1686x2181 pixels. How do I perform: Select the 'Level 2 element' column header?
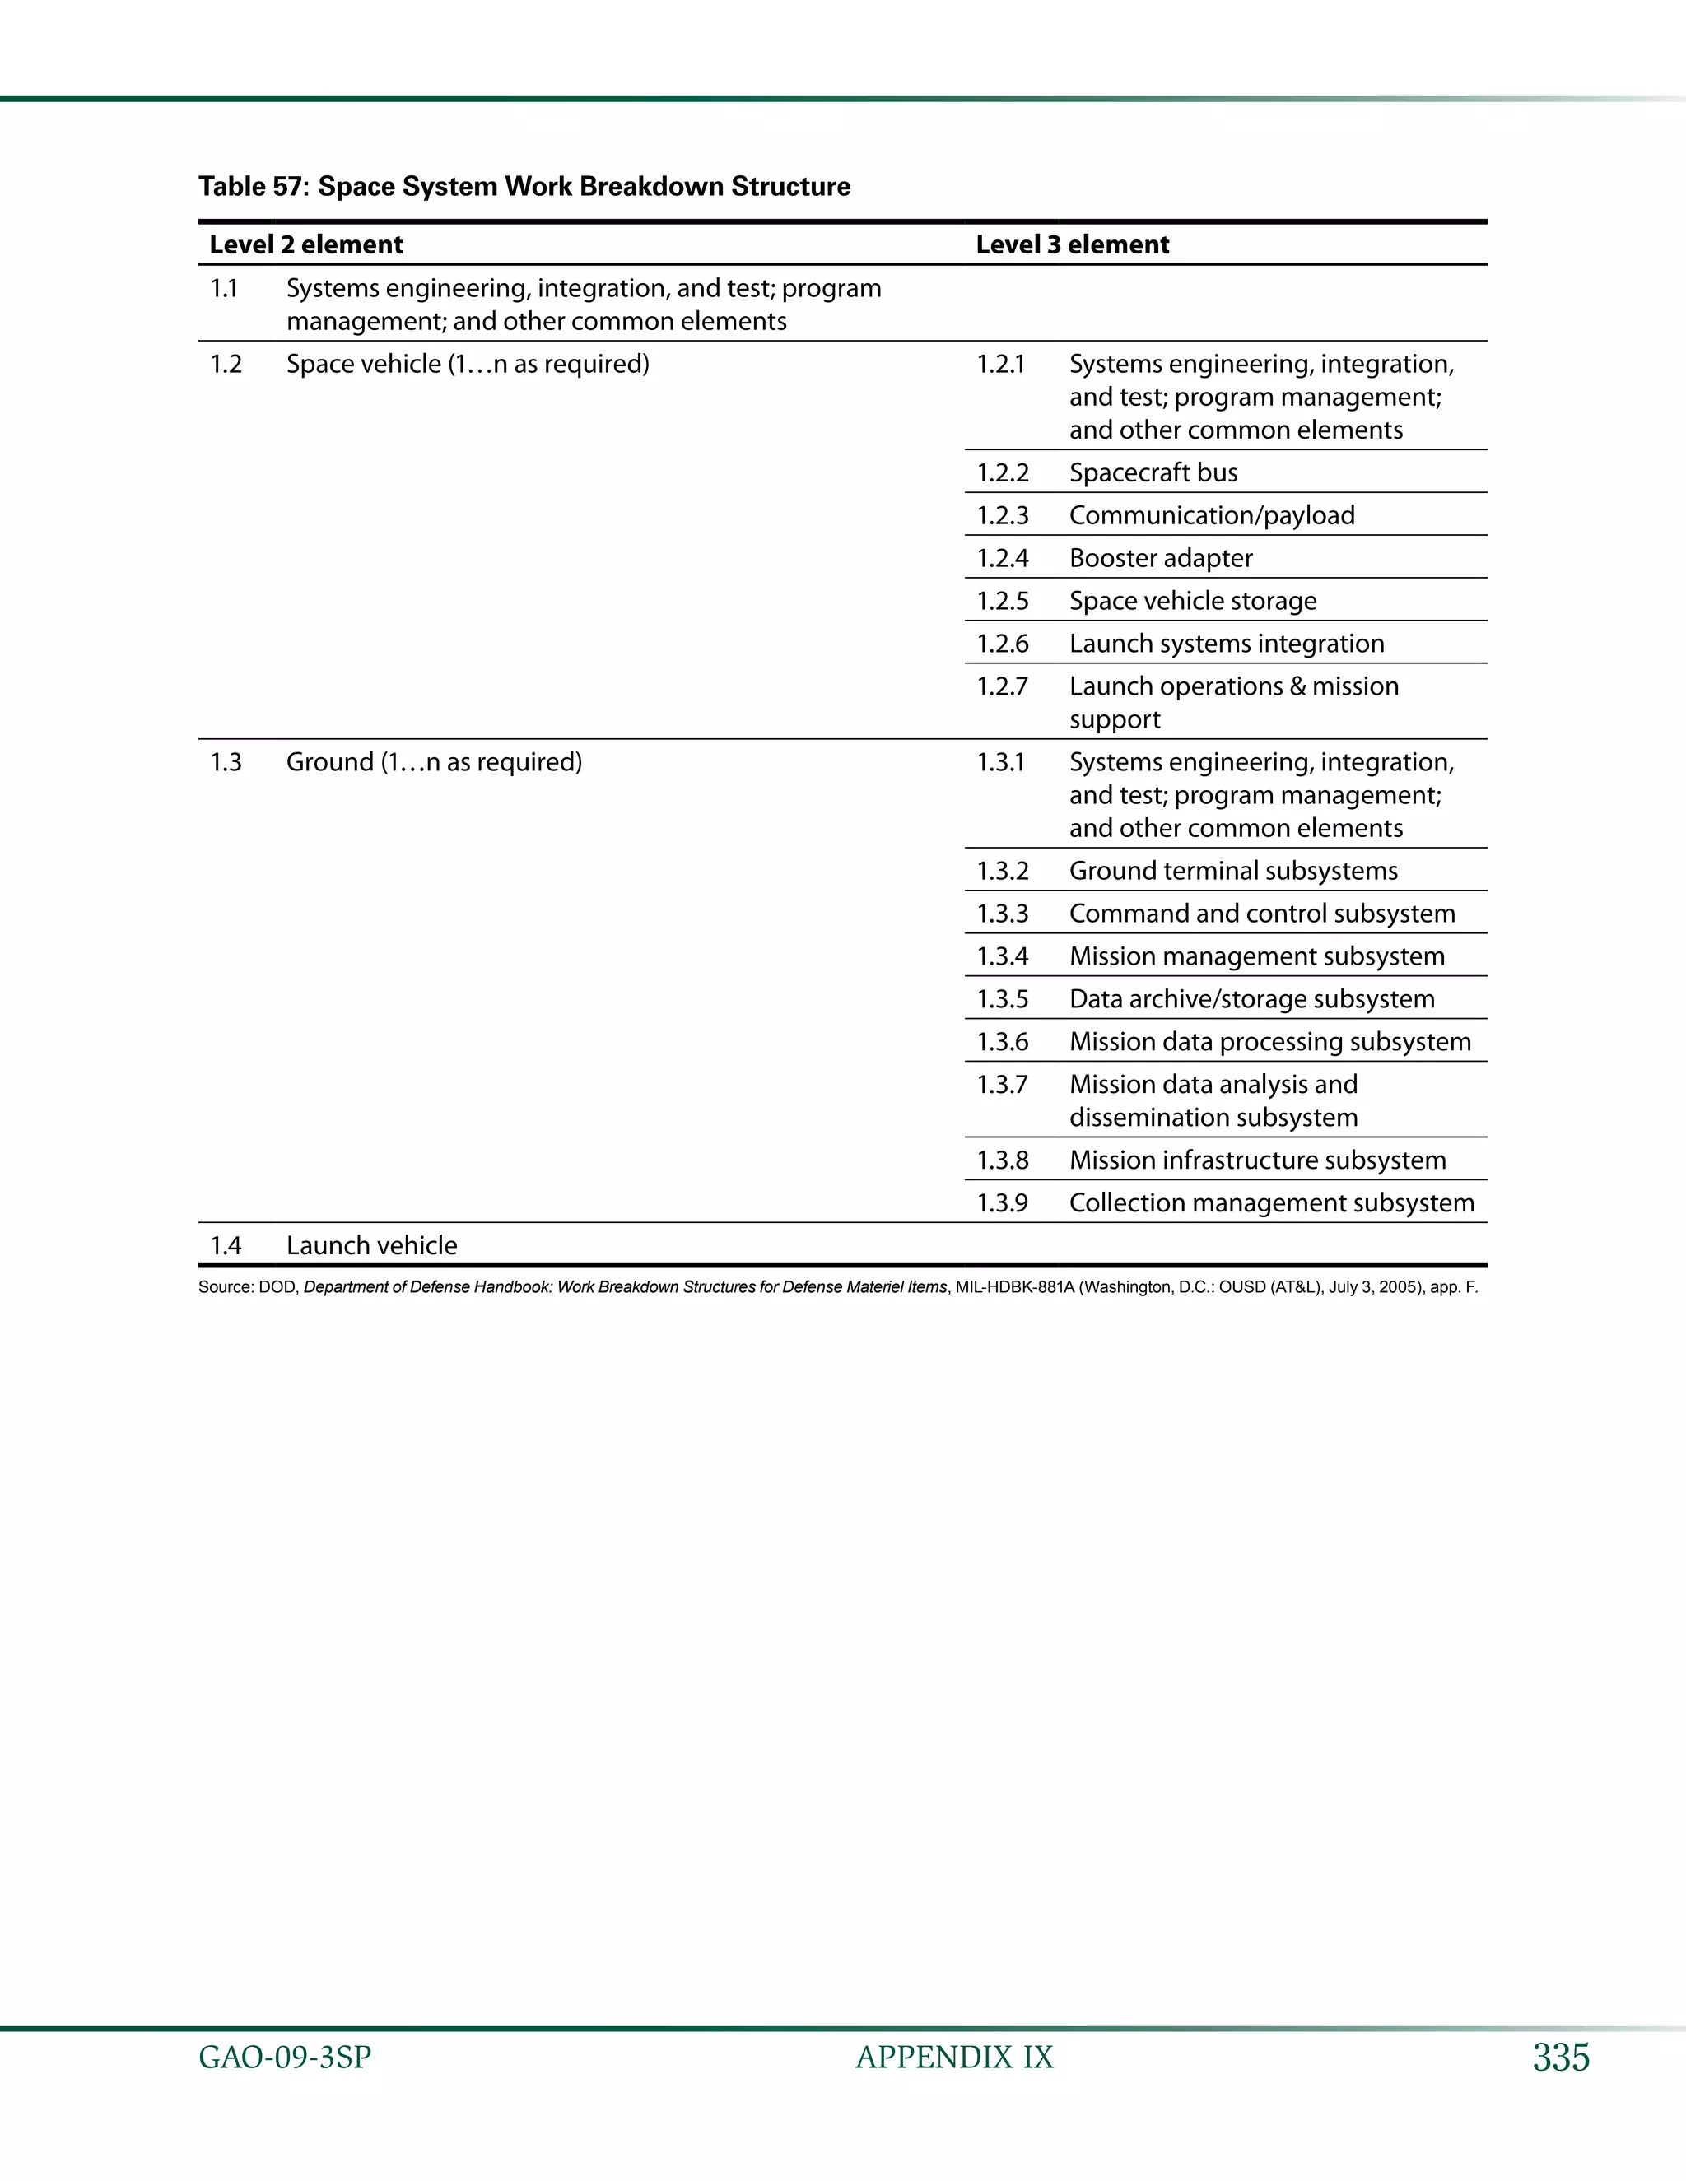pyautogui.click(x=305, y=244)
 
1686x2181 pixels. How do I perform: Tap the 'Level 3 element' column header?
pyautogui.click(x=1072, y=244)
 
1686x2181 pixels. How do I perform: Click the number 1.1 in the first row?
pyautogui.click(x=224, y=289)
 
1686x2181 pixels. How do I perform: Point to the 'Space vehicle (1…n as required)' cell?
pyautogui.click(x=468, y=364)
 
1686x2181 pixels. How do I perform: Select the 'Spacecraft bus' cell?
pyautogui.click(x=1153, y=472)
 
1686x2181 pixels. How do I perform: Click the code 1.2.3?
pyautogui.click(x=1002, y=515)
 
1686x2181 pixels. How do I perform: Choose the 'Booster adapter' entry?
pyautogui.click(x=1161, y=558)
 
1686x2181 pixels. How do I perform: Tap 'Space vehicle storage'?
pyautogui.click(x=1193, y=601)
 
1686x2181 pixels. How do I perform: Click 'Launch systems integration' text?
pyautogui.click(x=1227, y=644)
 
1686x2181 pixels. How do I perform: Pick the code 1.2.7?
pyautogui.click(x=1002, y=687)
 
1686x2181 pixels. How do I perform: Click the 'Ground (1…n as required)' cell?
pyautogui.click(x=434, y=762)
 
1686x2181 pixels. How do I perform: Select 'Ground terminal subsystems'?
pyautogui.click(x=1232, y=871)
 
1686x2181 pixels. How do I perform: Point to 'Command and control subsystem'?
pyautogui.click(x=1261, y=914)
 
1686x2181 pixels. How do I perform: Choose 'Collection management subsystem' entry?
pyautogui.click(x=1270, y=1203)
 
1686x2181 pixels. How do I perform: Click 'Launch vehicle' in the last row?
pyautogui.click(x=371, y=1245)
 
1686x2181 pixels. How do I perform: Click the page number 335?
pyautogui.click(x=1560, y=2058)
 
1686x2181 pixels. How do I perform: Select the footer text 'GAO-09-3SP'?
pyautogui.click(x=285, y=2058)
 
